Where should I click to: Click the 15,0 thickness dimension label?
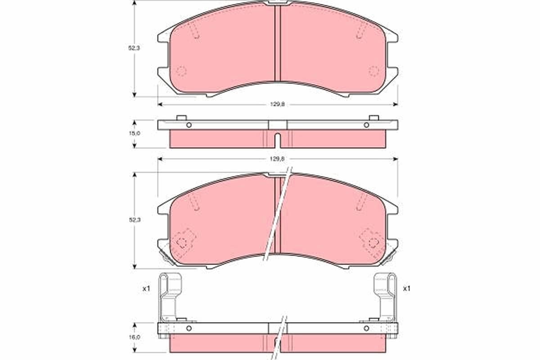click(x=135, y=133)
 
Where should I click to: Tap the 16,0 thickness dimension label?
click(x=135, y=337)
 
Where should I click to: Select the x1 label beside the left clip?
click(x=146, y=288)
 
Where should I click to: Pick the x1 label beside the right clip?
click(x=407, y=288)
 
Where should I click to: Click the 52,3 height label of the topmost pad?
click(x=134, y=48)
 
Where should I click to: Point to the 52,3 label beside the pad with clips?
click(x=135, y=220)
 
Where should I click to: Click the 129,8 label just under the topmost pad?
click(x=278, y=104)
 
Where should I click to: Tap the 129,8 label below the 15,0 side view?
click(x=278, y=159)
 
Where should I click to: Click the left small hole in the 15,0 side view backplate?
click(x=189, y=125)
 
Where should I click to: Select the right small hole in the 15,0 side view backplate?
click(x=366, y=125)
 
